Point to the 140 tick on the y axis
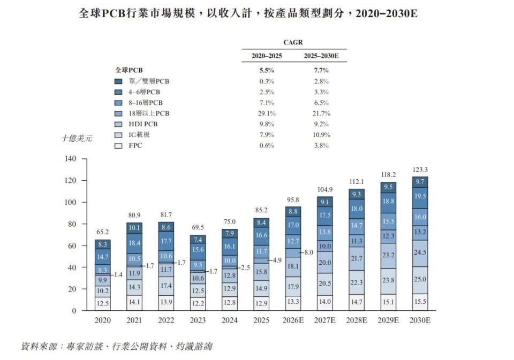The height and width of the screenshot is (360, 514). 71,159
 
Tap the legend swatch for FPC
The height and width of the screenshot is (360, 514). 118,145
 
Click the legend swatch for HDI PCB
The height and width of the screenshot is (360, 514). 118,124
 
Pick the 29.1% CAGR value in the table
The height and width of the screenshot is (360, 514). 267,113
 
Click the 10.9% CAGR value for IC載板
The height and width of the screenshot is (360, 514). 321,135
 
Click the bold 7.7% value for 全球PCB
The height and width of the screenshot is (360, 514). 321,70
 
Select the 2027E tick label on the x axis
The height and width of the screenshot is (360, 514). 325,320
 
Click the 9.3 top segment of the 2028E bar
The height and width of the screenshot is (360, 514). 356,194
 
